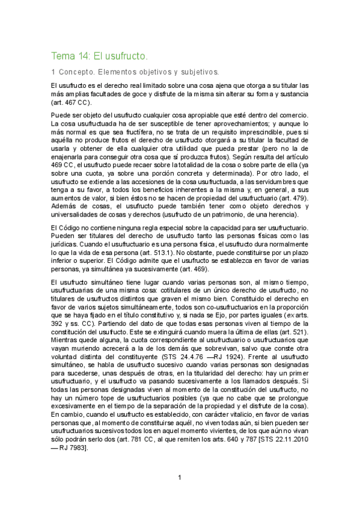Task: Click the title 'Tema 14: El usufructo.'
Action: point(99,56)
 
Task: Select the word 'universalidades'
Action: point(78,214)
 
